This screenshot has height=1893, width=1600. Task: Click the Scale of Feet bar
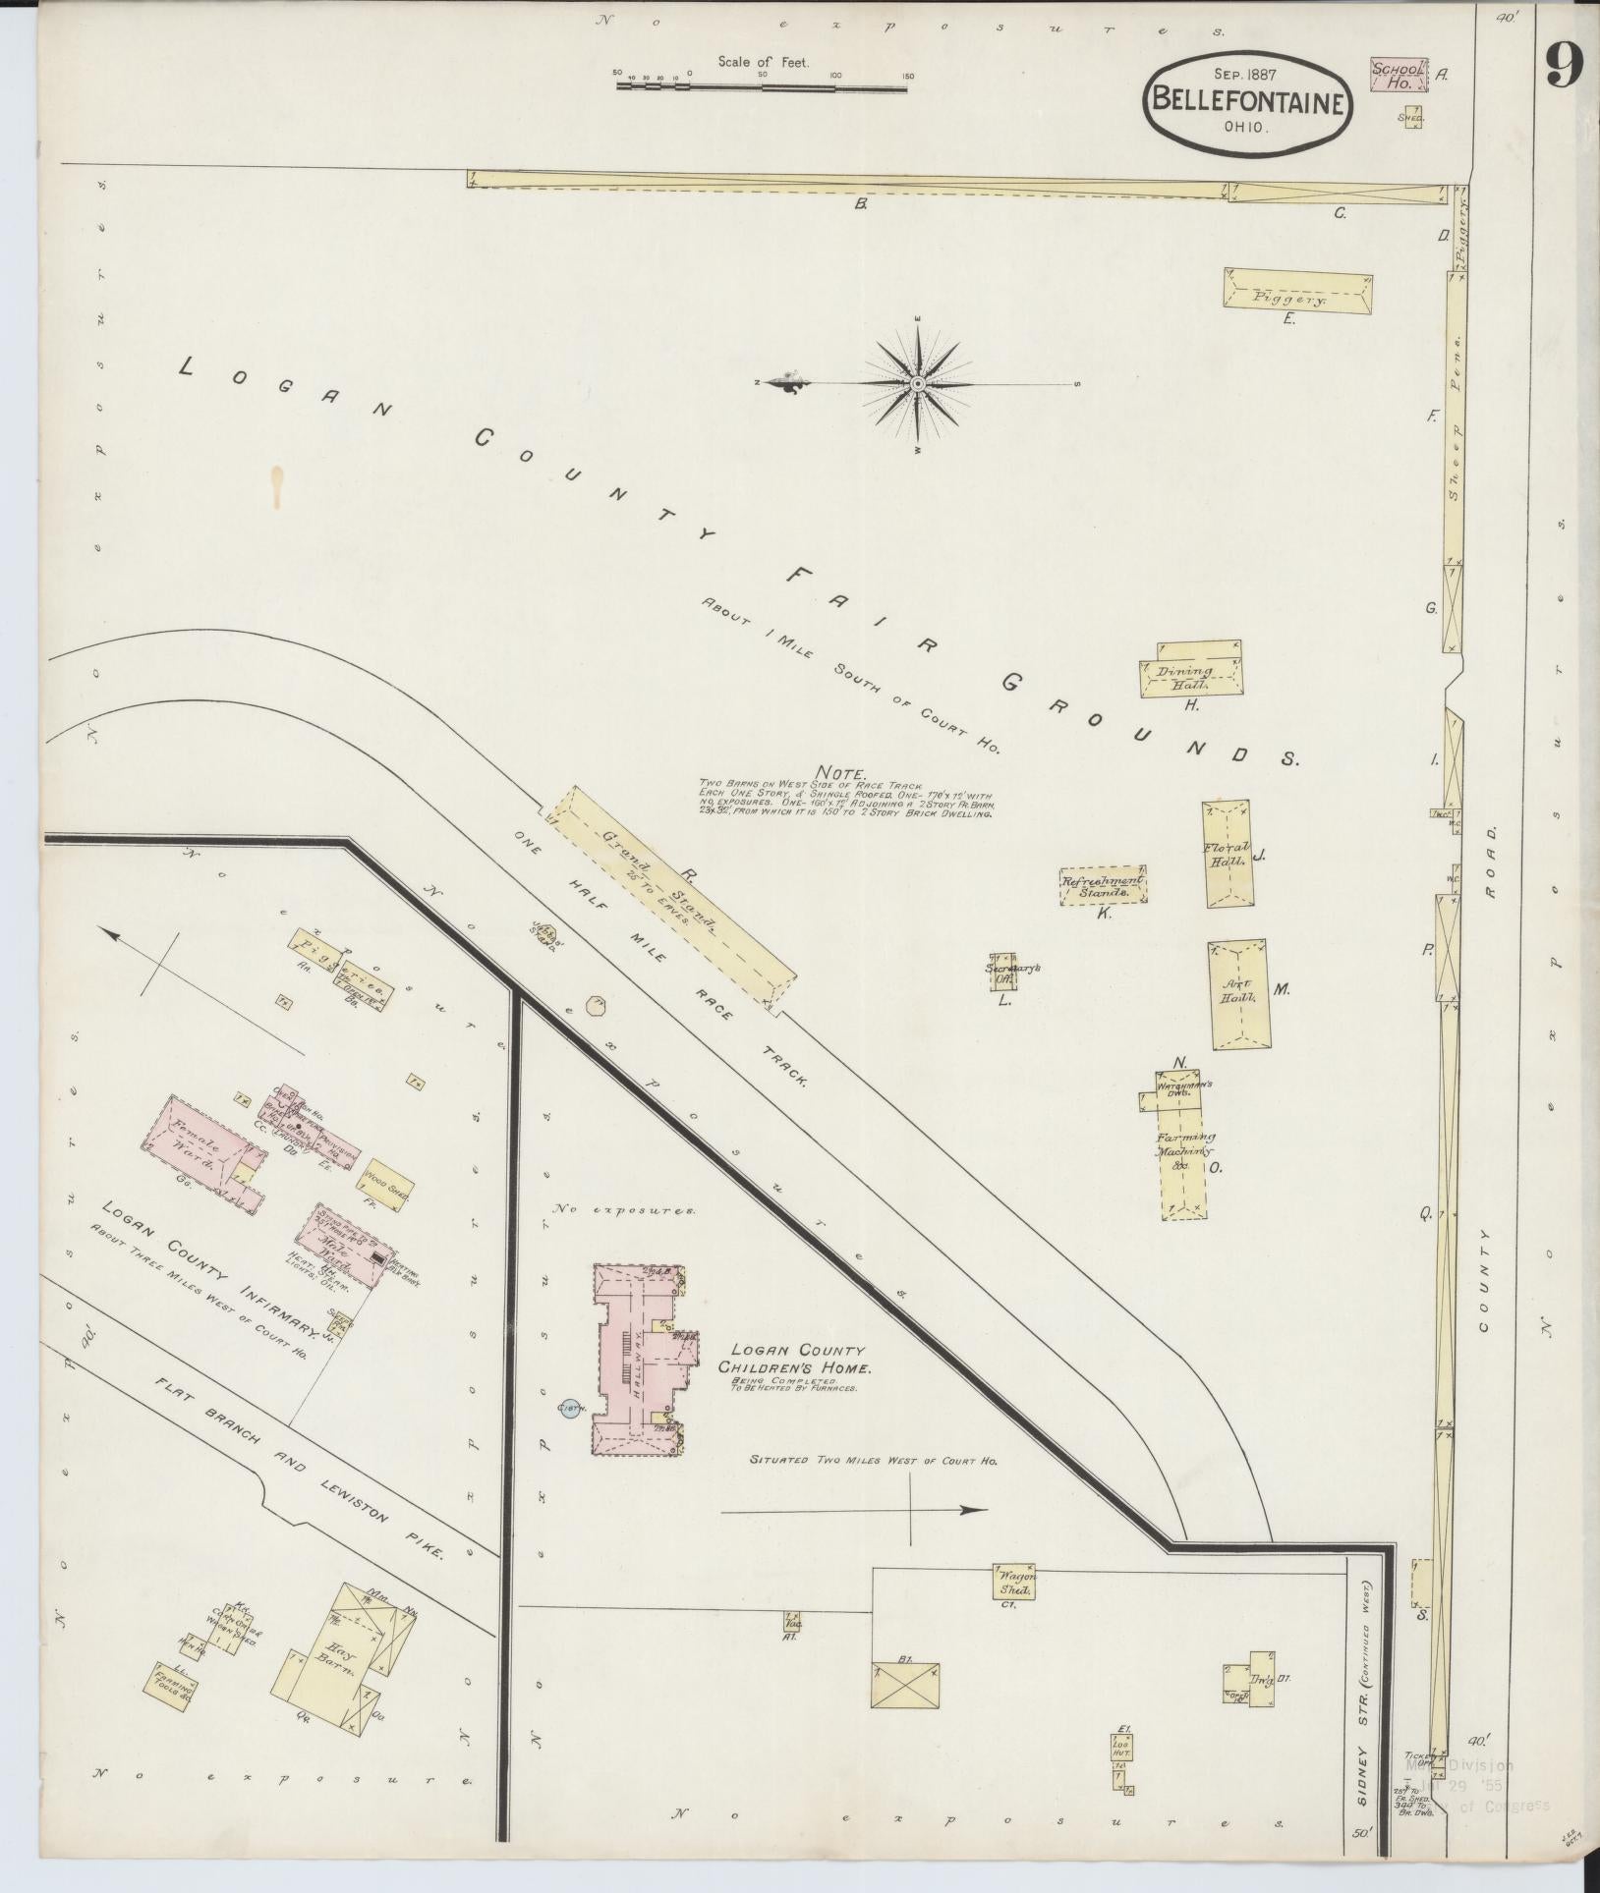762,86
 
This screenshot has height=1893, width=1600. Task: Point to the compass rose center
916,383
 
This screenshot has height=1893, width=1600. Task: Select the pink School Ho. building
1397,77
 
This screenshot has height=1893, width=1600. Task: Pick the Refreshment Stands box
1103,885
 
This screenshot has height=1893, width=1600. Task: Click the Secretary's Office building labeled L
1002,972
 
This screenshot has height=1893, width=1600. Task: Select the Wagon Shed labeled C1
1016,1583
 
